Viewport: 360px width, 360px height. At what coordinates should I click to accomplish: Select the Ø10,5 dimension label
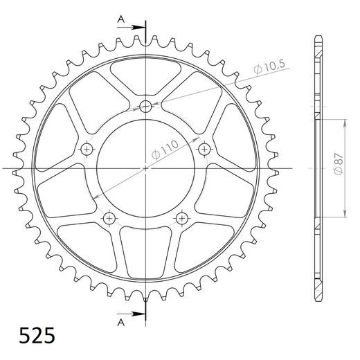pos(271,67)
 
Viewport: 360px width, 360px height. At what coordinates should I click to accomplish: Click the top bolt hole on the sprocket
pos(145,106)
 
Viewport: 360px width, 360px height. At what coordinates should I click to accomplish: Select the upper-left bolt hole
pos(87,149)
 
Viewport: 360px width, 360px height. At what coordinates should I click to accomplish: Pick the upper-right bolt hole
pos(204,149)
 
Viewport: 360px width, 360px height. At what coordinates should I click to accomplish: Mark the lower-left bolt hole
pos(109,218)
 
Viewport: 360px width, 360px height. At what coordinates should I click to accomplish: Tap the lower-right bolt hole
pos(182,218)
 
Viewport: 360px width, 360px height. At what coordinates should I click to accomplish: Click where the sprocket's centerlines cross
pos(145,168)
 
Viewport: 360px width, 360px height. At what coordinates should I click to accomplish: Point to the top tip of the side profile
pos(318,36)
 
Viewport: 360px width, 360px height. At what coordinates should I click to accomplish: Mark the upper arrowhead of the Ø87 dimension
pos(344,123)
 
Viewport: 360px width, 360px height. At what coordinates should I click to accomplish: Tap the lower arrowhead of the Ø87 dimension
pos(344,215)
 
